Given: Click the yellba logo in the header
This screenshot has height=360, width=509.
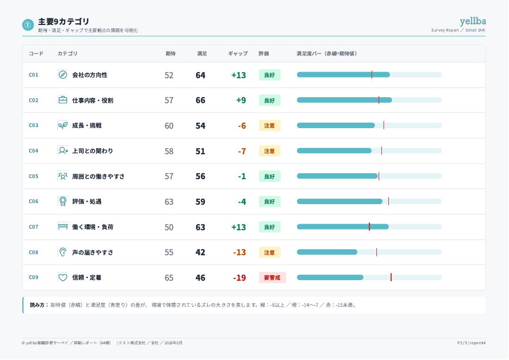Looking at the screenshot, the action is [x=473, y=21].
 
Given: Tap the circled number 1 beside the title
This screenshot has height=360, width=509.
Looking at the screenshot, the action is [x=28, y=24].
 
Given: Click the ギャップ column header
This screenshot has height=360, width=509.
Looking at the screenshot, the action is [x=237, y=54].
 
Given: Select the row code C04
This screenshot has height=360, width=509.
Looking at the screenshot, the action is [x=34, y=150].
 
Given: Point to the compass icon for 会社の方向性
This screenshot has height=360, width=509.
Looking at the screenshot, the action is [x=62, y=75].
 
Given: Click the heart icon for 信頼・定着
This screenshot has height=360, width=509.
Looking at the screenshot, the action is [x=62, y=277].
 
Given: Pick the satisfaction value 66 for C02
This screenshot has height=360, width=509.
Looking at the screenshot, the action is [x=200, y=100].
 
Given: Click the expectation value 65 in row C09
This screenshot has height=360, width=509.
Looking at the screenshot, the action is [x=169, y=278].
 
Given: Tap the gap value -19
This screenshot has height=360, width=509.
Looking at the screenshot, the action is [x=239, y=278].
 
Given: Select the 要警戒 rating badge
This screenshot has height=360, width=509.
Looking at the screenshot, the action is [x=272, y=277].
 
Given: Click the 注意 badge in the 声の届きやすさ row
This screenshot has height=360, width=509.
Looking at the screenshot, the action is [x=269, y=252].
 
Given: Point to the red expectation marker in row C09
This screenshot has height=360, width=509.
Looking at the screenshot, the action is [x=391, y=277].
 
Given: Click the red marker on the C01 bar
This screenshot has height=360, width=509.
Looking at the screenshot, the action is [x=372, y=75].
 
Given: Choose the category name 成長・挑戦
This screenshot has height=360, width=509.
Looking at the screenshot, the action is [x=87, y=125].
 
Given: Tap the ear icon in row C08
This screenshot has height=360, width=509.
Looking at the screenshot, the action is [x=62, y=252].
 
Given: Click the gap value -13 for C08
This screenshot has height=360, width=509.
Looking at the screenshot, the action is [x=239, y=252].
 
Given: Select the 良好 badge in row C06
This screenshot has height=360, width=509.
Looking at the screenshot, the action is [x=269, y=201].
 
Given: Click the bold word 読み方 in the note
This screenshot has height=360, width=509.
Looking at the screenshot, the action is [x=37, y=305].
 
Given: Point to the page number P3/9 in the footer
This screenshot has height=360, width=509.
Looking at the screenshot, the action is [x=462, y=343].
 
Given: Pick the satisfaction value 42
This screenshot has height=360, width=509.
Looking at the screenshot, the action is [x=200, y=252].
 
